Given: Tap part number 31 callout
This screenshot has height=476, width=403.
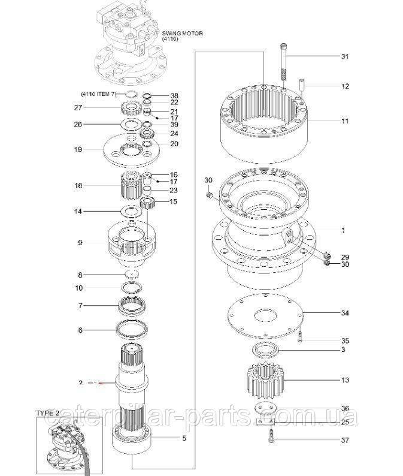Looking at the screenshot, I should [344, 57].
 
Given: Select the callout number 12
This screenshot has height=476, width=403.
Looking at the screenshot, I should [344, 86].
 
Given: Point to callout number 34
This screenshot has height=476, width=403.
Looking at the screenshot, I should [344, 313].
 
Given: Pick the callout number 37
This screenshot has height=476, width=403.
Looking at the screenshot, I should [344, 441].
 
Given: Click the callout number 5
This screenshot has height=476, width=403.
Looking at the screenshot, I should [183, 438].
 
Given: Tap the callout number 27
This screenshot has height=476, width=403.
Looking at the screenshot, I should [77, 108].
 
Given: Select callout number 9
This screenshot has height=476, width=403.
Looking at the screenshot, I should [80, 242].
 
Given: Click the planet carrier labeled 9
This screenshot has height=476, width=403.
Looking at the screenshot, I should [132, 243].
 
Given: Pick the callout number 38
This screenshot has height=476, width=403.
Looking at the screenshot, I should [174, 96].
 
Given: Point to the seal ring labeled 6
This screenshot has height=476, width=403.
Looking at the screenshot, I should [133, 329].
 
